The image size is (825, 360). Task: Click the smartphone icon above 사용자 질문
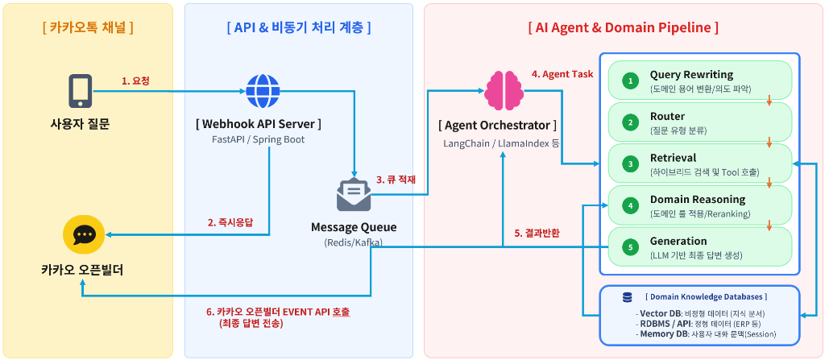[79, 91]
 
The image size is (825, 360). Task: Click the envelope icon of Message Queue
[354, 195]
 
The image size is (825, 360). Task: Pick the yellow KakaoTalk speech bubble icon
[83, 234]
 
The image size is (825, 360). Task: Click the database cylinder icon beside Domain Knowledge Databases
[627, 297]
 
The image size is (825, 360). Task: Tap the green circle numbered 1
[631, 81]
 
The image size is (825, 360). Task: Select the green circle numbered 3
[631, 164]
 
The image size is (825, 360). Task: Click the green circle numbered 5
[631, 247]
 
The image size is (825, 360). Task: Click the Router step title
[667, 116]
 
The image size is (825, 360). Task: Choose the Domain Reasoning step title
[697, 199]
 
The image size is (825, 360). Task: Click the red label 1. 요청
[135, 81]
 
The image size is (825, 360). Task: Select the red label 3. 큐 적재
[396, 180]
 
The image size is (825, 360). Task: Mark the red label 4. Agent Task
[562, 74]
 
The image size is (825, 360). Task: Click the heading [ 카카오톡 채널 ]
[87, 27]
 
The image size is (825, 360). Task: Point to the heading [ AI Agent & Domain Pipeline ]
[623, 27]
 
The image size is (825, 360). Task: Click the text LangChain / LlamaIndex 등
[500, 143]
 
